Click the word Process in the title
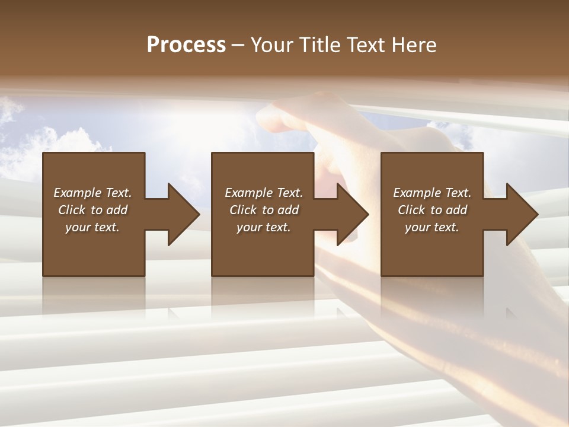(x=186, y=44)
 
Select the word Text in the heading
(x=366, y=44)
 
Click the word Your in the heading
(x=273, y=44)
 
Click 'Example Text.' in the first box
(x=92, y=193)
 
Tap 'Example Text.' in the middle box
(x=264, y=193)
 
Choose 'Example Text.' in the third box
(x=432, y=193)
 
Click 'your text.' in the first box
(x=92, y=227)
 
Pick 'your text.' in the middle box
(x=264, y=227)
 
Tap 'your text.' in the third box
(x=432, y=227)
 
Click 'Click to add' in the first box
(x=92, y=210)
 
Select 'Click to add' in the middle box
(x=264, y=210)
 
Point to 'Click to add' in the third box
(x=432, y=210)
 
